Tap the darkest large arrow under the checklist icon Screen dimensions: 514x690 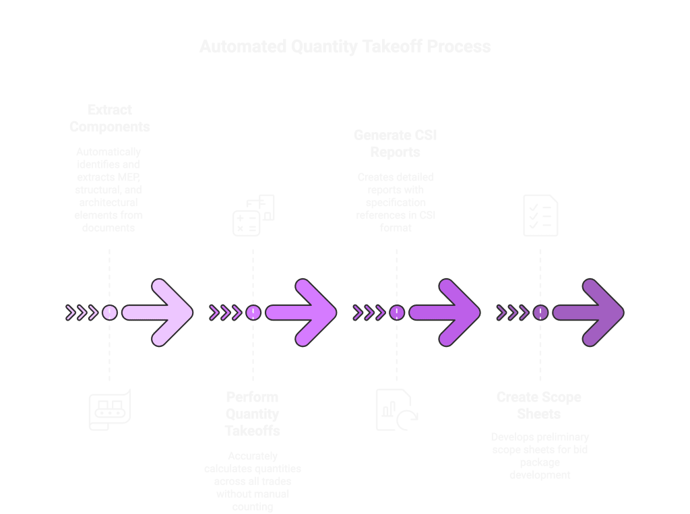click(x=589, y=313)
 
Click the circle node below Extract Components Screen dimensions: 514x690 click(x=110, y=313)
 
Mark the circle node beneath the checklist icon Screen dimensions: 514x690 click(x=540, y=313)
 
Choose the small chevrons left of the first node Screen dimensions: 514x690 click(x=81, y=313)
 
